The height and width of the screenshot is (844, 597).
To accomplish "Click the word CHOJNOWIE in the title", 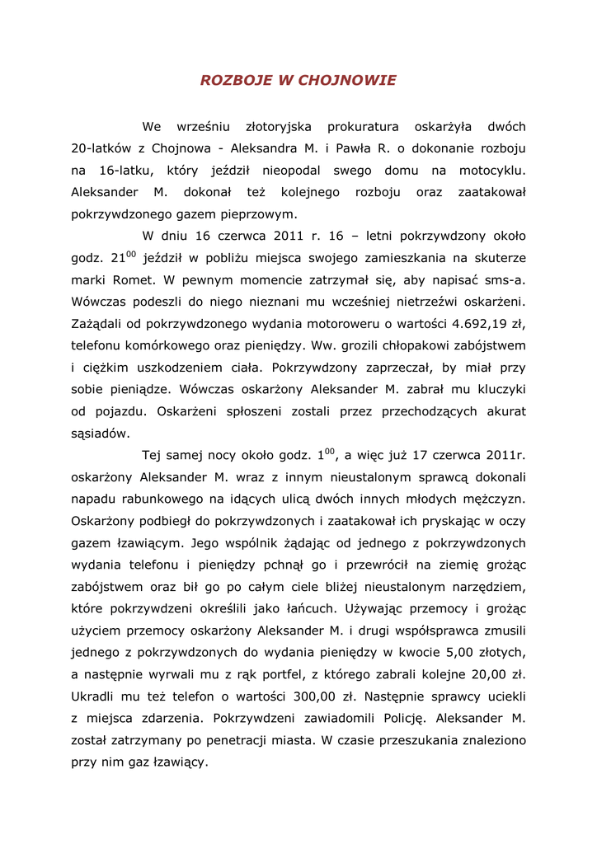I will (x=347, y=80).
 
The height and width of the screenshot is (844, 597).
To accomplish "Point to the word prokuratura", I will (x=363, y=127).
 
